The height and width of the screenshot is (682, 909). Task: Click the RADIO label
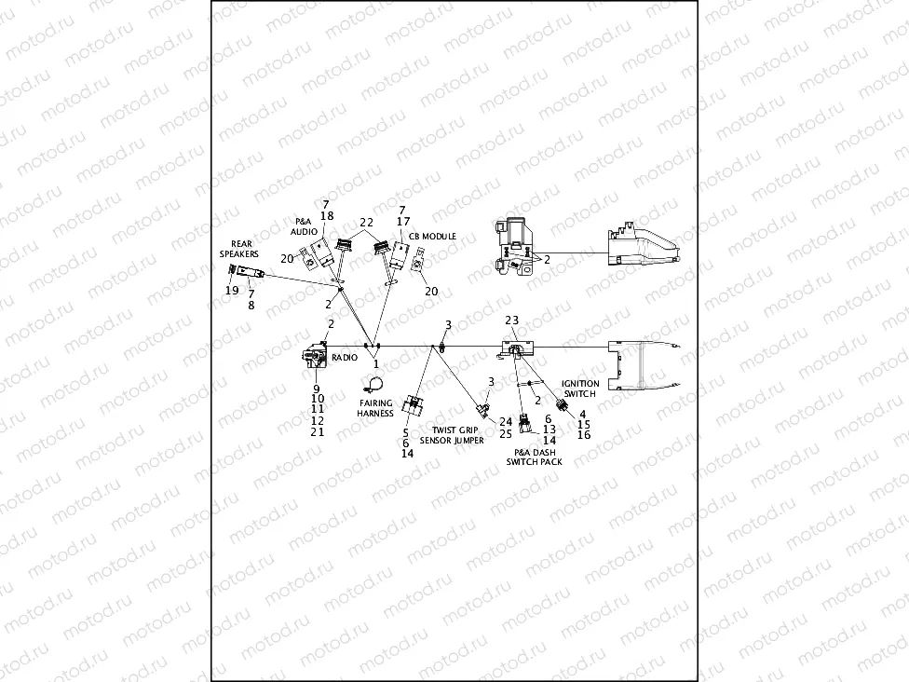tap(346, 358)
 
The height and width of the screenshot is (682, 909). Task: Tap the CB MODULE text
tap(432, 237)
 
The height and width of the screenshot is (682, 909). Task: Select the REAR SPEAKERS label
tap(238, 249)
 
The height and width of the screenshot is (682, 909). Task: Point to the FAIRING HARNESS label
tap(375, 408)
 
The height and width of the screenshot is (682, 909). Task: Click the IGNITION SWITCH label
tap(580, 389)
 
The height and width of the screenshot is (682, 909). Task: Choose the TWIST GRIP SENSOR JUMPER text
tap(452, 435)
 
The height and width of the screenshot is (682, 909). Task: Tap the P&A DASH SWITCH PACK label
tap(534, 457)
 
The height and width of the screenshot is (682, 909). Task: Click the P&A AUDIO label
tap(304, 226)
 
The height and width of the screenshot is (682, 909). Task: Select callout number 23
tap(511, 320)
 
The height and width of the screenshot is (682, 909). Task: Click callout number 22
tap(366, 223)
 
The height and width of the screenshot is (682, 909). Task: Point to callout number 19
tap(232, 290)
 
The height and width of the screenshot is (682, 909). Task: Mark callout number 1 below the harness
tap(376, 364)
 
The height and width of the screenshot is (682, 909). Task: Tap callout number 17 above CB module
tap(402, 222)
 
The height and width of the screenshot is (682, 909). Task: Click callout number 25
tap(506, 434)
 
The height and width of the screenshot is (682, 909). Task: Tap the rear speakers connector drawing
tap(248, 272)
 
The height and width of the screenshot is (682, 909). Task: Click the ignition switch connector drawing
tap(563, 405)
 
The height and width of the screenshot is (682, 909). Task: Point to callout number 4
tap(583, 414)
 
